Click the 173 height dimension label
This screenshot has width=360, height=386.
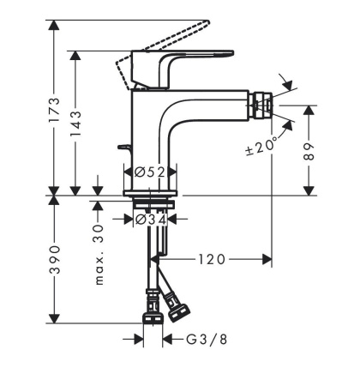tap(54, 110)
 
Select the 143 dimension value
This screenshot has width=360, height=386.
tap(75, 124)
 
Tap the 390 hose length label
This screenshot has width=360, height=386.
tap(55, 259)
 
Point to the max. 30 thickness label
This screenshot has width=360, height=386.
tap(99, 255)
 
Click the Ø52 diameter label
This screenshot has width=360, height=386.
tap(150, 172)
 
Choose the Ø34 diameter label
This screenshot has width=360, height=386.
tap(151, 220)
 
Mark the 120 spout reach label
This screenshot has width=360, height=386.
tap(212, 260)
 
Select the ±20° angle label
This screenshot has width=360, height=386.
tap(261, 147)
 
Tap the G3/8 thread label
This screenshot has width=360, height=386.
tap(207, 340)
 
